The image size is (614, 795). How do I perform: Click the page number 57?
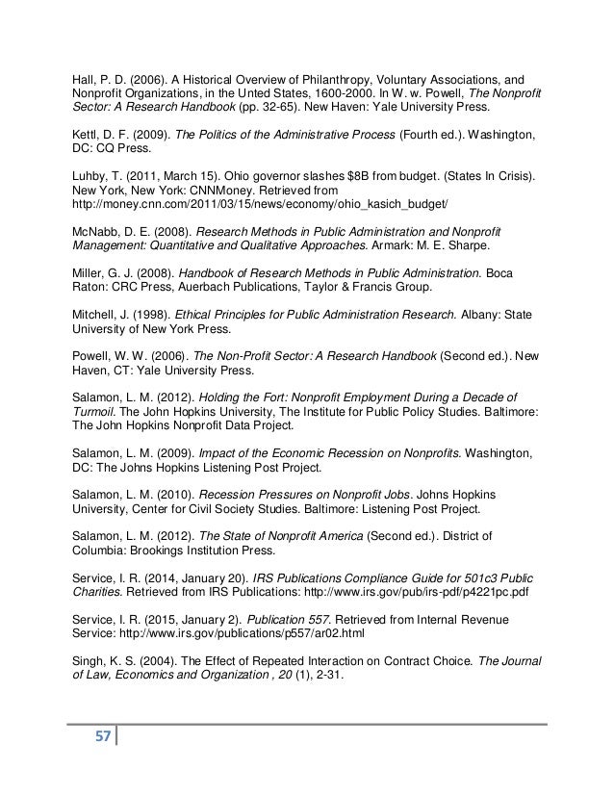[96, 738]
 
